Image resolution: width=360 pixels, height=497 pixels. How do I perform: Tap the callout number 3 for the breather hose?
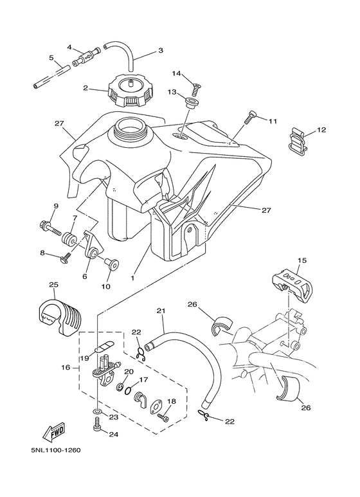(x=161, y=50)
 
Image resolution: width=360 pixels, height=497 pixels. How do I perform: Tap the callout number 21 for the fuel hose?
(x=161, y=312)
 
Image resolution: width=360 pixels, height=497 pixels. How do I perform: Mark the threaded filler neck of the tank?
(x=133, y=131)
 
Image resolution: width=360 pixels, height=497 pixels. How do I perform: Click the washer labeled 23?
(x=97, y=410)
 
